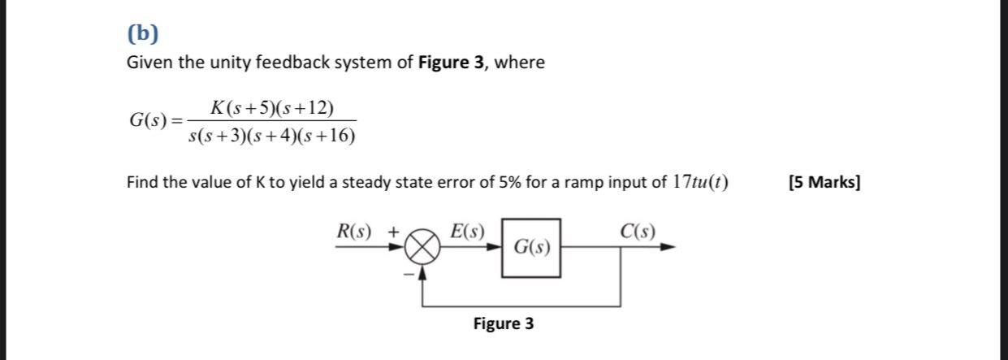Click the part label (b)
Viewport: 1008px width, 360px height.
point(143,33)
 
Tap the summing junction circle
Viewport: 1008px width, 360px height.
point(422,249)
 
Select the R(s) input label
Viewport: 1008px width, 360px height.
point(354,232)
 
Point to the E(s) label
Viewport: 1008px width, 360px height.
point(467,232)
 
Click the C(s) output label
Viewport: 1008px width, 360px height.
point(637,232)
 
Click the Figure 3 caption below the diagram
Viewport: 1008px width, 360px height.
point(504,324)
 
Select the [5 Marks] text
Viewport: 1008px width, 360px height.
point(824,182)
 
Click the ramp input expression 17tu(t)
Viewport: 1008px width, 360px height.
point(696,182)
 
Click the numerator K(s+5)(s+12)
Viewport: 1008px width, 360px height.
point(271,107)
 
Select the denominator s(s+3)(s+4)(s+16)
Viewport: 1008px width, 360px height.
point(271,136)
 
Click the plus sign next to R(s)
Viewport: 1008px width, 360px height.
point(393,232)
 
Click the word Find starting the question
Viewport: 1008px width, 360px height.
point(142,182)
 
